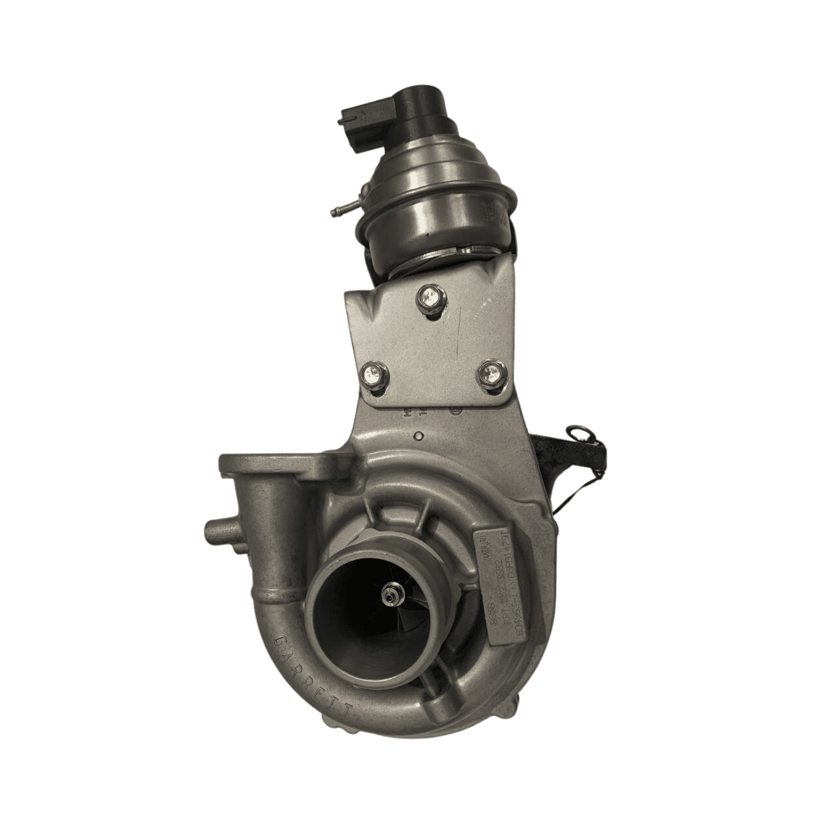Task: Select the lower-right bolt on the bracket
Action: pyautogui.click(x=489, y=373)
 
